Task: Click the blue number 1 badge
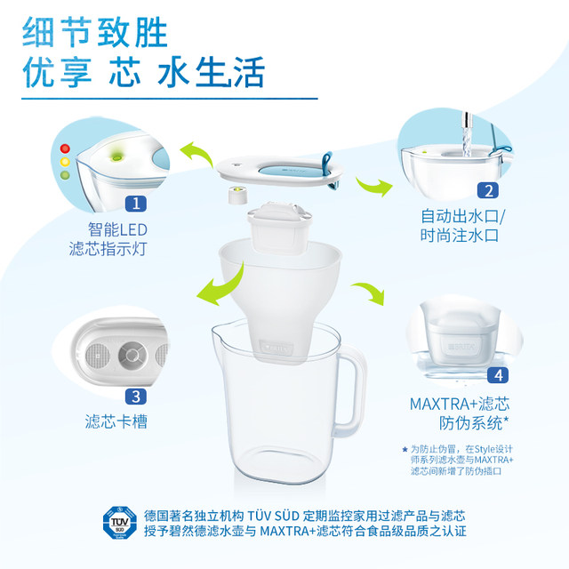136,204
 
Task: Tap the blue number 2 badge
487,189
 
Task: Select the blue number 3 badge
136,397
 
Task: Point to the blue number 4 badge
501,376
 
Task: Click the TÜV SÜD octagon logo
119,524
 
